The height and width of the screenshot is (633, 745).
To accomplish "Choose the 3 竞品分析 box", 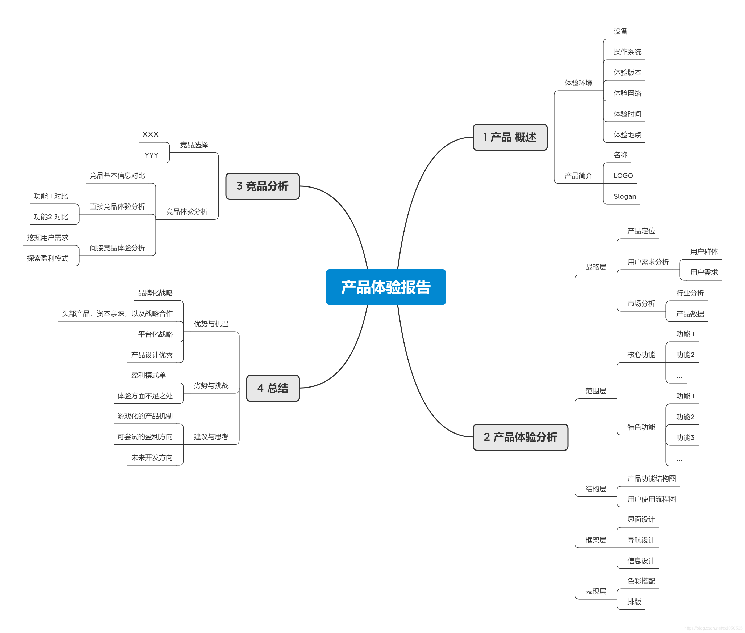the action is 262,186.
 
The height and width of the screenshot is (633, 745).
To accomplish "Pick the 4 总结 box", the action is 273,388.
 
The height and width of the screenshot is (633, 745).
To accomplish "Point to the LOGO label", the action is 623,176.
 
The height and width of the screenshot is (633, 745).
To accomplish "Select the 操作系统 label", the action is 627,52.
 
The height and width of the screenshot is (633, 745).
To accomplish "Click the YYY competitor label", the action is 151,155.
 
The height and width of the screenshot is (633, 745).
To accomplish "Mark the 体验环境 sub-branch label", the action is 578,83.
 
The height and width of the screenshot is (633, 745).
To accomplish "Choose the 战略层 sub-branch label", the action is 595,267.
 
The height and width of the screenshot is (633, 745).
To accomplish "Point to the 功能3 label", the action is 685,437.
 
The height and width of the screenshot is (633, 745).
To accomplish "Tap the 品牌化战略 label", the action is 155,293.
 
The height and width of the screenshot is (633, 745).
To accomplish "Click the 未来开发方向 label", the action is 152,457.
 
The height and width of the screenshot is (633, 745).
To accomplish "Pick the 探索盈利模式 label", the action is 47,258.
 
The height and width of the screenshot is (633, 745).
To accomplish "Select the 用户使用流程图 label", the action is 651,499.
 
